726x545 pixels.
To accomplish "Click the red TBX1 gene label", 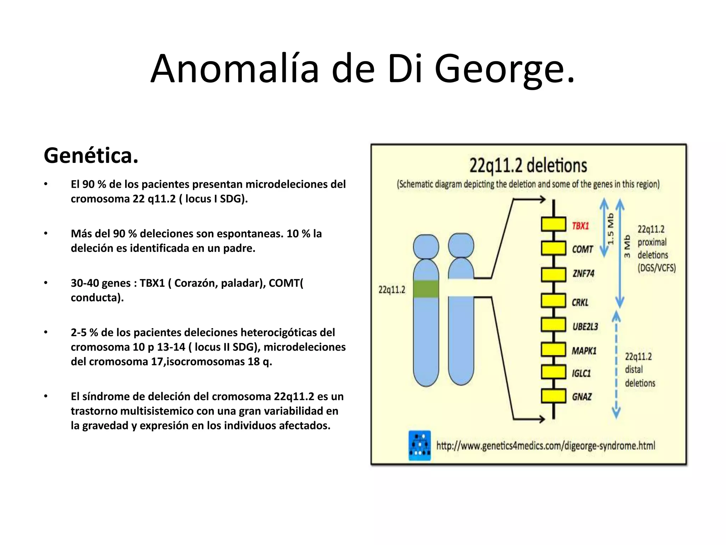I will pos(580,226).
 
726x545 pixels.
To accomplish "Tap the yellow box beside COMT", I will pos(553,248).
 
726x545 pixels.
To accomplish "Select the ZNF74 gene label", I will pos(583,274).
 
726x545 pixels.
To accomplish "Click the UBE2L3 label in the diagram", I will pos(585,326).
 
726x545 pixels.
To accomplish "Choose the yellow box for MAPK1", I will pos(553,349).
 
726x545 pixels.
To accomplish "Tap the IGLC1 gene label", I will pos(581,373).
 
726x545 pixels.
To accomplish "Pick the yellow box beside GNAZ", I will pos(553,396).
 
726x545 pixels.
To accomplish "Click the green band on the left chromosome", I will pos(426,289).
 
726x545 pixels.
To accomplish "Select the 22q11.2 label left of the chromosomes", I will pos(392,290).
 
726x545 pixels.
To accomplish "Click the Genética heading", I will pos(91,155).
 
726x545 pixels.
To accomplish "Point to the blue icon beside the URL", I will pos(420,446).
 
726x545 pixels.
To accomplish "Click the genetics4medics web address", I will pos(546,446).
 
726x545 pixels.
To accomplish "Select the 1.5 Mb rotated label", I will pos(610,229).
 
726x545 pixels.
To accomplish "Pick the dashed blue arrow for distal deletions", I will pos(616,365).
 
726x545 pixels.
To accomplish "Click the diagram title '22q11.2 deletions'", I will pos(528,166).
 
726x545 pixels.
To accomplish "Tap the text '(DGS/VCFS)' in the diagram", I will pos(657,268).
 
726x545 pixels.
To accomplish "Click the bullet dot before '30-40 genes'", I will pos(46,283).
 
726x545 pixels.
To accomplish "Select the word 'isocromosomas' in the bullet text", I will pos(205,362).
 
